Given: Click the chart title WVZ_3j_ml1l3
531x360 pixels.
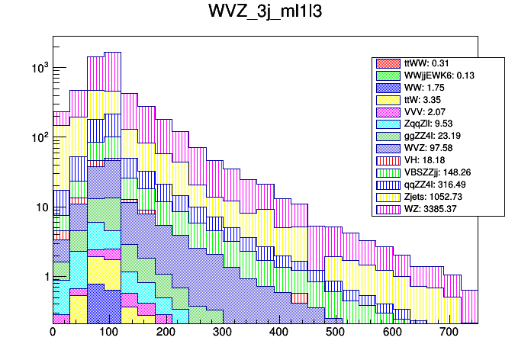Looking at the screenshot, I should tap(265, 14).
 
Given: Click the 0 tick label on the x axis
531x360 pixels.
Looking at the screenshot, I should tap(53, 333).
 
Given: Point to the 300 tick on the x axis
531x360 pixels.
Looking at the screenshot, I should tap(222, 333).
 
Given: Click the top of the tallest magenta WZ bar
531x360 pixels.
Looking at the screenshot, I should tap(112, 53).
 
